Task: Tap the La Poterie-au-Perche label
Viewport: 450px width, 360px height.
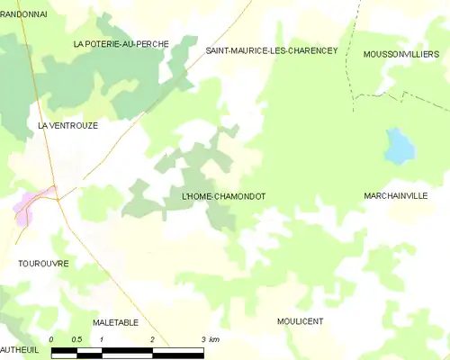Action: tap(121, 44)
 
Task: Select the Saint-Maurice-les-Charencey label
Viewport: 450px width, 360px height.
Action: tap(271, 51)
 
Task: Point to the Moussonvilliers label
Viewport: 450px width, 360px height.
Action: tap(400, 55)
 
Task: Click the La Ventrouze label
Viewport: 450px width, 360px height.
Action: tap(67, 126)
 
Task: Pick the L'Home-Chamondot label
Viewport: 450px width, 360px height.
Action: tap(223, 195)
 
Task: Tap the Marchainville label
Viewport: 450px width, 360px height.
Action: tap(396, 195)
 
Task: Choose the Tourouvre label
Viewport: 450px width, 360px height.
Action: tap(43, 263)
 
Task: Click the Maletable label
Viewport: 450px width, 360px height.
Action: tap(115, 321)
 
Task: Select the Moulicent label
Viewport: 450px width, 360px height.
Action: tap(301, 321)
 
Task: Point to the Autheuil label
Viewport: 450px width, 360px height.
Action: tap(18, 348)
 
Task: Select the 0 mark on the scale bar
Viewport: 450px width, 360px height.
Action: tap(52, 339)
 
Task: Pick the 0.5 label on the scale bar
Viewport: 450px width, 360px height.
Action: tap(77, 339)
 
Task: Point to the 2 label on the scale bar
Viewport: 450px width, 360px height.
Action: tap(153, 339)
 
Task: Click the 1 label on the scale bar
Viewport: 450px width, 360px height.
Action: tap(103, 339)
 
